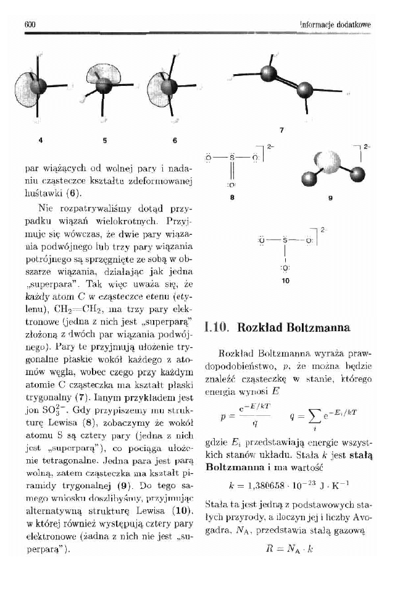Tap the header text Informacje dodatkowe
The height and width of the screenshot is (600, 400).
click(335, 24)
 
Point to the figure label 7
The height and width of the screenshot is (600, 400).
click(281, 130)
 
